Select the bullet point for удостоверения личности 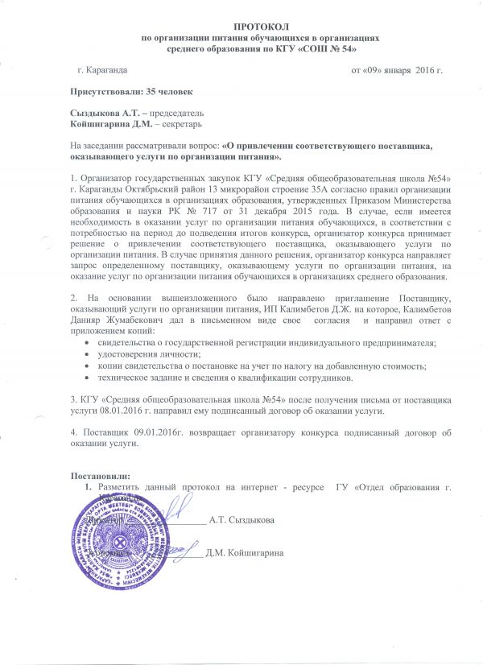(87, 355)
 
